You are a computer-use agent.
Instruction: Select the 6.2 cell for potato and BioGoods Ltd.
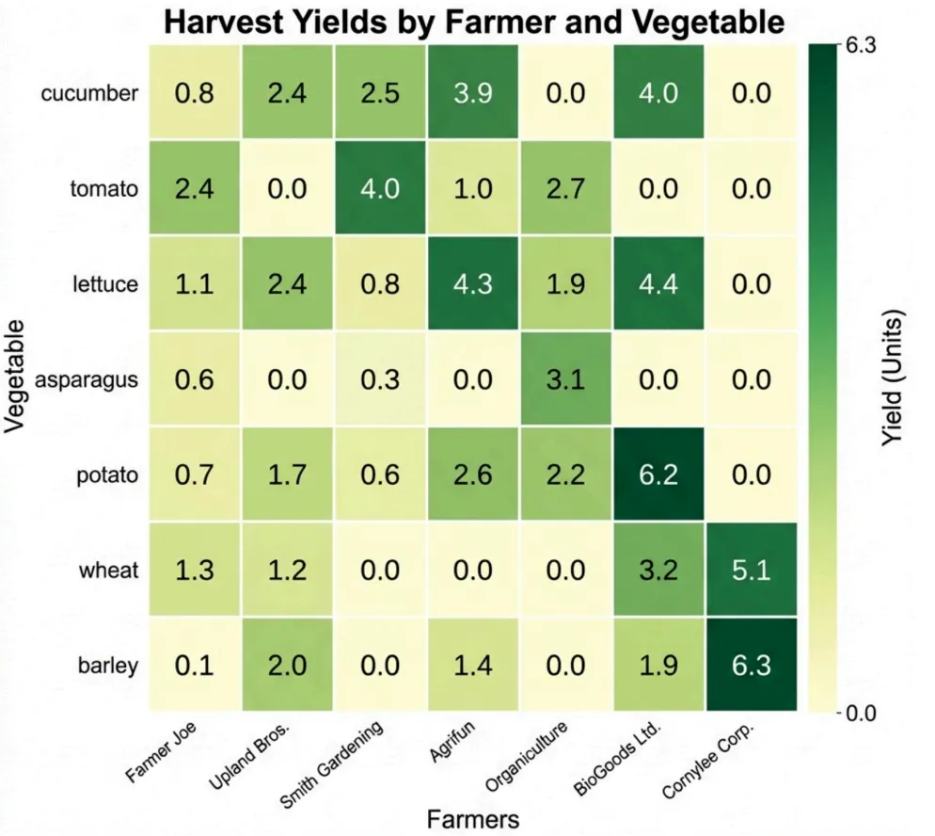click(658, 474)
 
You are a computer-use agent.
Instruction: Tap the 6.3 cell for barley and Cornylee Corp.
click(751, 665)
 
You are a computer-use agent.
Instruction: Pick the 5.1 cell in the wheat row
click(751, 570)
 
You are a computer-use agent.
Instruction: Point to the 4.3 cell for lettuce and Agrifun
click(472, 283)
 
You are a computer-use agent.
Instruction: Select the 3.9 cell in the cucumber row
click(472, 93)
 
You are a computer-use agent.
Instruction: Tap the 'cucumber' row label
click(90, 93)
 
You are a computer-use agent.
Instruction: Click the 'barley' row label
click(108, 665)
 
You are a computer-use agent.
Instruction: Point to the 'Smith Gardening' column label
click(334, 765)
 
